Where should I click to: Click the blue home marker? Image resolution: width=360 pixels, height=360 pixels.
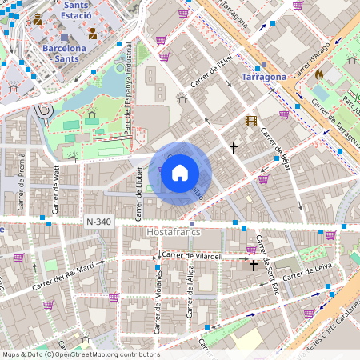(x=180, y=173)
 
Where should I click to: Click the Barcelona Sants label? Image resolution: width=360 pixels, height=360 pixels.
(x=70, y=48)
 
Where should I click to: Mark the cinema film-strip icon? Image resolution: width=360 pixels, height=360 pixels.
(x=252, y=122)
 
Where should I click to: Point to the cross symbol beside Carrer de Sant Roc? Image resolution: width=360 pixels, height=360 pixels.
(x=254, y=264)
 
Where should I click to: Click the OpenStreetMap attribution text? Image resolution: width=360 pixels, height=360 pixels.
(x=80, y=354)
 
